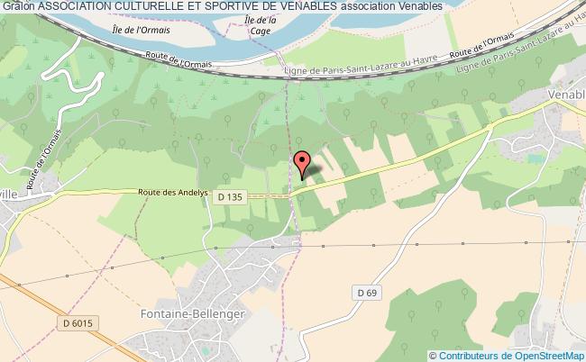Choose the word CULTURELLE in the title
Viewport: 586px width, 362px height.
point(150,6)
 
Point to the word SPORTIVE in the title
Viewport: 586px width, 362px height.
point(236,6)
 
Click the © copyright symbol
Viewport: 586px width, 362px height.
point(433,355)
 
